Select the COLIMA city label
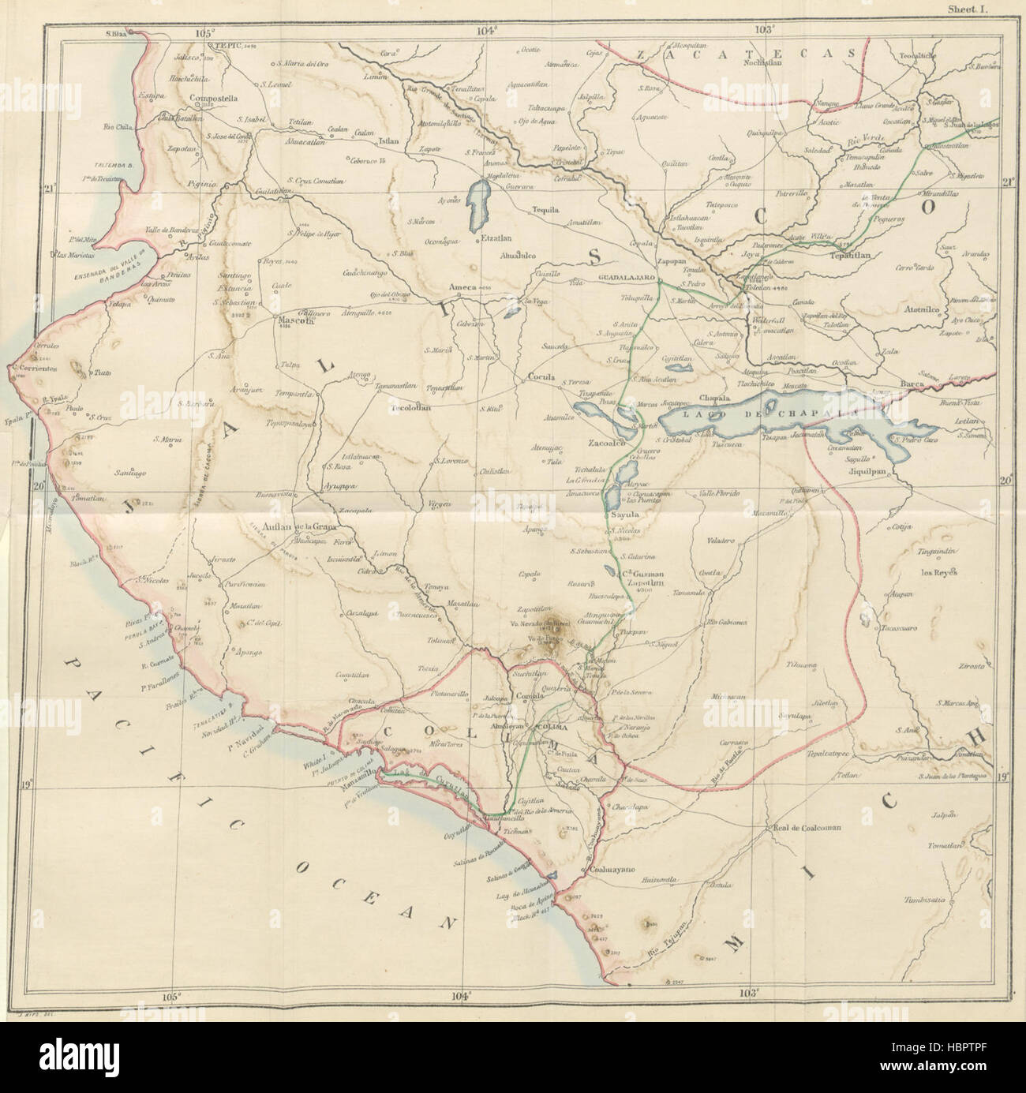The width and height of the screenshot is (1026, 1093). (552, 726)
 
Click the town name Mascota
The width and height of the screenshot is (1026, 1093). (293, 322)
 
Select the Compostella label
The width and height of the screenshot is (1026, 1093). (213, 99)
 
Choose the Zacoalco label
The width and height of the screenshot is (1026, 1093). (607, 444)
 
